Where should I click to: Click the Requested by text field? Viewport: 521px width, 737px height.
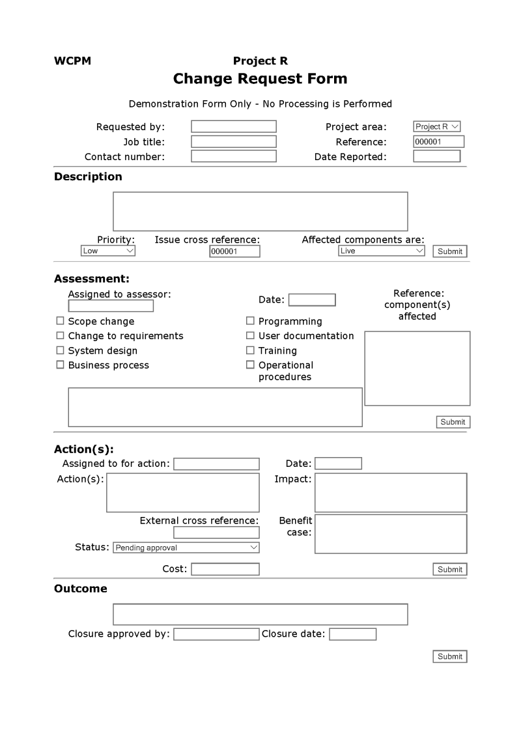(233, 126)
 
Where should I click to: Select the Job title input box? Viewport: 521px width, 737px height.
(233, 141)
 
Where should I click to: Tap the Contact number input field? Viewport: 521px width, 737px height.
(233, 156)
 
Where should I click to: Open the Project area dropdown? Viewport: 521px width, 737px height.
(437, 126)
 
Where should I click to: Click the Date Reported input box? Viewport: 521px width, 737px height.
(436, 156)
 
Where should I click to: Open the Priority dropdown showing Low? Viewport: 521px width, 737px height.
(108, 251)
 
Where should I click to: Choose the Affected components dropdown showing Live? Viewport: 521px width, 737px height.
(382, 251)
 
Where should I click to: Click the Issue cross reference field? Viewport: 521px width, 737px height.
(234, 251)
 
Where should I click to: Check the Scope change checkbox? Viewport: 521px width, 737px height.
(61, 321)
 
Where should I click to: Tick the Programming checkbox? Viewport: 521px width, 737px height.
(250, 321)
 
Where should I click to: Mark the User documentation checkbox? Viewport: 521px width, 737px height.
(250, 335)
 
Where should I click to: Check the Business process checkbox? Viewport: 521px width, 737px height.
(61, 365)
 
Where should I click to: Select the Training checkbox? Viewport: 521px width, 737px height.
(250, 350)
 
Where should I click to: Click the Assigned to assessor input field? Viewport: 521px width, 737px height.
(111, 306)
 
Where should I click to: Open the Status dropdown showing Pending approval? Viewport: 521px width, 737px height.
(186, 548)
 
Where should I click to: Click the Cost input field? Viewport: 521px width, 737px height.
(225, 569)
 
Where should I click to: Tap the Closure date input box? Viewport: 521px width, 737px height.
(352, 634)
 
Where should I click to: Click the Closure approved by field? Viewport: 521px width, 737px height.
(216, 634)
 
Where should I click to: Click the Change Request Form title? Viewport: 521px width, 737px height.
(260, 79)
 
